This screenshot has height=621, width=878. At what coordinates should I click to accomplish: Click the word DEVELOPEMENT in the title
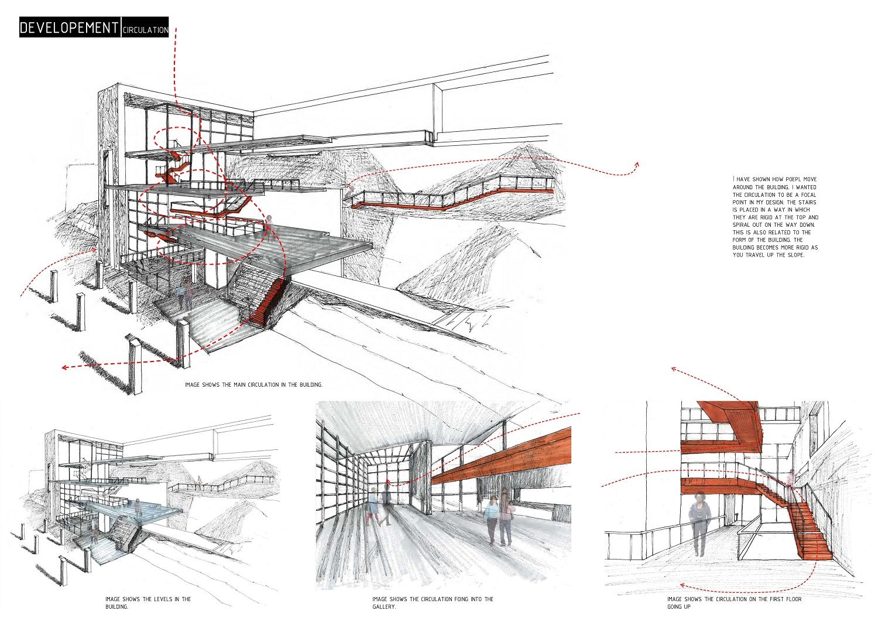pos(69,28)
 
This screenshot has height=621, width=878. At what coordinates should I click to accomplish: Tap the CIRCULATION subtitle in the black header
pos(145,30)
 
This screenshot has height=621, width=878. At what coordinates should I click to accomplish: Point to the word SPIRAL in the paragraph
pos(742,225)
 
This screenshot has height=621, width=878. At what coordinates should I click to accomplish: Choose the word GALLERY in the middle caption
pos(383,607)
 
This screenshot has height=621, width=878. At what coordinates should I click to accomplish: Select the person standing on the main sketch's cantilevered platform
pos(269,226)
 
